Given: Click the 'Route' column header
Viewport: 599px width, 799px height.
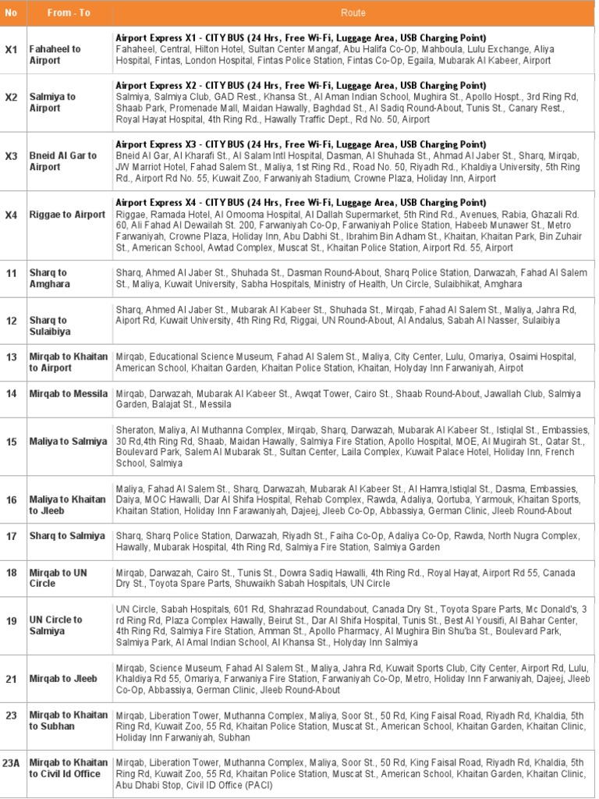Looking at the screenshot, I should point(353,13).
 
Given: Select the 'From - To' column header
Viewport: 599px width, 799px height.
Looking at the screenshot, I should point(69,13).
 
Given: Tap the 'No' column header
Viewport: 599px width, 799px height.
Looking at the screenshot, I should point(11,13).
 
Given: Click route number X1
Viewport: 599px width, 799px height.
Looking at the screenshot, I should point(11,49).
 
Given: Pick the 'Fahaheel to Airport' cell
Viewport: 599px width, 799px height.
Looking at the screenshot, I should point(55,55).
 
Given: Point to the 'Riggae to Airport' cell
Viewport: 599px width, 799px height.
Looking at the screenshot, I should point(67,215).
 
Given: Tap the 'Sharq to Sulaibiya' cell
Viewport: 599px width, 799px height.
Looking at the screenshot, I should point(48,325).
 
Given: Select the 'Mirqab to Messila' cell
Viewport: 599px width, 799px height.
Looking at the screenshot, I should point(69,394).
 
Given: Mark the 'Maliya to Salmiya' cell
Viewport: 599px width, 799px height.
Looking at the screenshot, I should point(69,442).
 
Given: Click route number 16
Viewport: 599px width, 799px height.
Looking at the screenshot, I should point(11,499).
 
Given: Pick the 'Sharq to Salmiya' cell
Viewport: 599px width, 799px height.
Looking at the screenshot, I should point(67,536).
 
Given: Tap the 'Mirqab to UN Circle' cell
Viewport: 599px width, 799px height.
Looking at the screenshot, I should point(58,577).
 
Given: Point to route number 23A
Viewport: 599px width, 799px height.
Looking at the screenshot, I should point(11,764).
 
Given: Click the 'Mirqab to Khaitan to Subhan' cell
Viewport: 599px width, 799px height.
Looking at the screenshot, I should point(69,720).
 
